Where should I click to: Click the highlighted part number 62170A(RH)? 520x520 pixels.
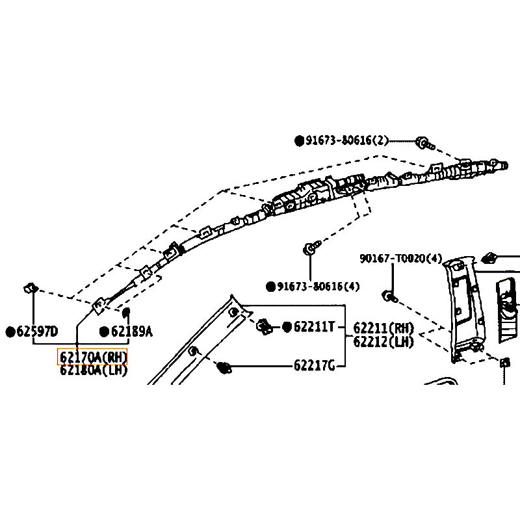[94, 357]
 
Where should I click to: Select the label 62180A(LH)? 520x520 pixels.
[94, 370]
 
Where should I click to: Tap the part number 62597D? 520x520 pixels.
[36, 332]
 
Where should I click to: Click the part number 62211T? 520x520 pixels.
[314, 326]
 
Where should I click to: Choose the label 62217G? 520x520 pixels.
[314, 367]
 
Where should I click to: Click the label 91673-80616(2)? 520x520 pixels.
[347, 140]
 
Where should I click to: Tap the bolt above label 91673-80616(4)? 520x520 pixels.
[312, 248]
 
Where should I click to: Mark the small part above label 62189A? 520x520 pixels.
[127, 313]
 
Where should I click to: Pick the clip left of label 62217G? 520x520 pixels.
[226, 368]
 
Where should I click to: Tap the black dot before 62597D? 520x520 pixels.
[10, 332]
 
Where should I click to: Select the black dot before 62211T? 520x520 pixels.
[287, 326]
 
